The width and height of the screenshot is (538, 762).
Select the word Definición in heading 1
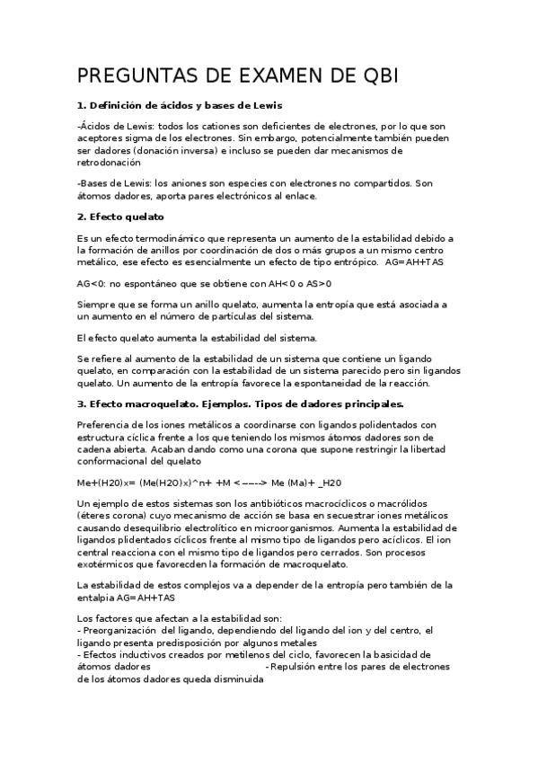point(118,106)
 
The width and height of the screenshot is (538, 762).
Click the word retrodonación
point(110,163)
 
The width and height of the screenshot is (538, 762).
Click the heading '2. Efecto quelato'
point(120,217)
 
